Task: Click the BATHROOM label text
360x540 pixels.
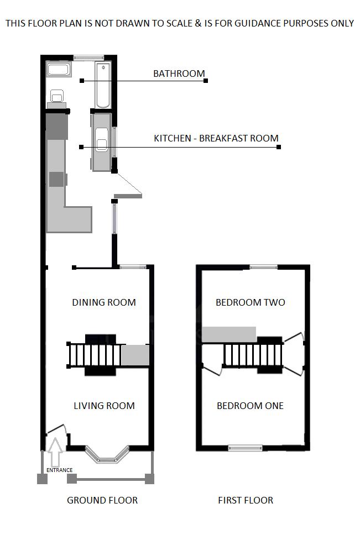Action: point(179,73)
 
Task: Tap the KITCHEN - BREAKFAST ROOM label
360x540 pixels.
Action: point(216,138)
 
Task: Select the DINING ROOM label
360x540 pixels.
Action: point(104,302)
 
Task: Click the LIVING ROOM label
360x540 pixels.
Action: point(104,406)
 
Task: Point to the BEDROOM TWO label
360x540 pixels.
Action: point(250,302)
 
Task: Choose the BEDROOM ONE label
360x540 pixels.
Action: point(250,406)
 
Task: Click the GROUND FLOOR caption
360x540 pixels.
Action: point(102,500)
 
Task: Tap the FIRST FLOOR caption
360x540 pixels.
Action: point(246,500)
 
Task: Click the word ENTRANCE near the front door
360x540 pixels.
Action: point(59,470)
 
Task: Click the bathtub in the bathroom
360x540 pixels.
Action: point(103,85)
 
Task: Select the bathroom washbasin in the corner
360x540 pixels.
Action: point(58,70)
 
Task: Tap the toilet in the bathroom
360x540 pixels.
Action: point(56,96)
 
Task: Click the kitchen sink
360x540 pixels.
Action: point(102,140)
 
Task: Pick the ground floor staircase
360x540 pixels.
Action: point(93,355)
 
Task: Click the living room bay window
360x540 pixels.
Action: point(107,454)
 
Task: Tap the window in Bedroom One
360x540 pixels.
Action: point(246,448)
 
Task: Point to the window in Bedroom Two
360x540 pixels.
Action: point(263,267)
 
